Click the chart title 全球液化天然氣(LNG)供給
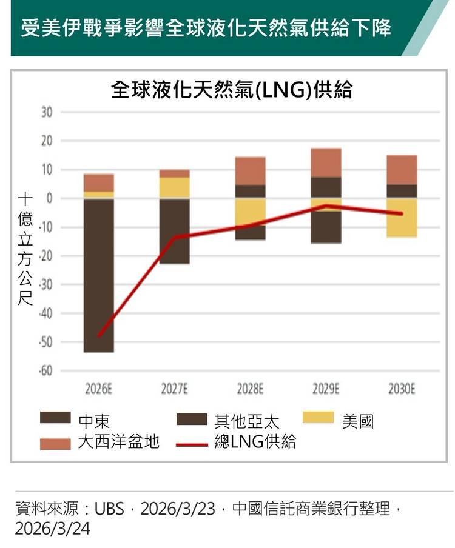tap(232, 90)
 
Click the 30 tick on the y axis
tap(47, 113)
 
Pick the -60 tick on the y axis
tap(46, 370)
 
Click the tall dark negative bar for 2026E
tap(99, 276)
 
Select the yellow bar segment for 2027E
tap(175, 187)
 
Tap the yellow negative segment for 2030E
tap(402, 218)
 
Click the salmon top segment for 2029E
tap(326, 162)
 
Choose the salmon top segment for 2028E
tap(251, 171)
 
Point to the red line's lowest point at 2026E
tap(99, 336)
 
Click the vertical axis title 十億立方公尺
tap(24, 249)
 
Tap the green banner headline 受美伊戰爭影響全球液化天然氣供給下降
tap(206, 28)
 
